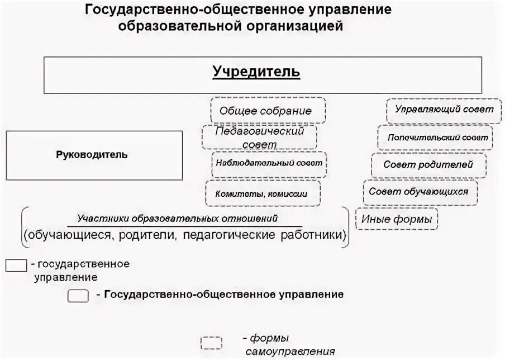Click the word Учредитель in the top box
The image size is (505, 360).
pos(256,72)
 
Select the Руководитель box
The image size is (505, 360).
pos(94,155)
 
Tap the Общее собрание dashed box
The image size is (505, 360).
pos(265,111)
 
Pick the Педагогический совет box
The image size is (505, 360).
pos(260,137)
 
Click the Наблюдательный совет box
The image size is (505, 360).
pos(267,164)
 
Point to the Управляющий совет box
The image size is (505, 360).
pos(444,110)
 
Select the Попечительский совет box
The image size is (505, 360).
pos(436,137)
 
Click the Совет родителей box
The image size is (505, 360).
pos(428,165)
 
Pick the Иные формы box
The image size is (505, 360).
pos(397,219)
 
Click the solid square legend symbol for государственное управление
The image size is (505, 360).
pos(16,265)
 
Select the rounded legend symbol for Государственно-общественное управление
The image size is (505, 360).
pos(78,296)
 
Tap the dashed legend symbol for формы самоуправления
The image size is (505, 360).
pos(211,343)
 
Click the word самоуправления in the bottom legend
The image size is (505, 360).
pos(290,352)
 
